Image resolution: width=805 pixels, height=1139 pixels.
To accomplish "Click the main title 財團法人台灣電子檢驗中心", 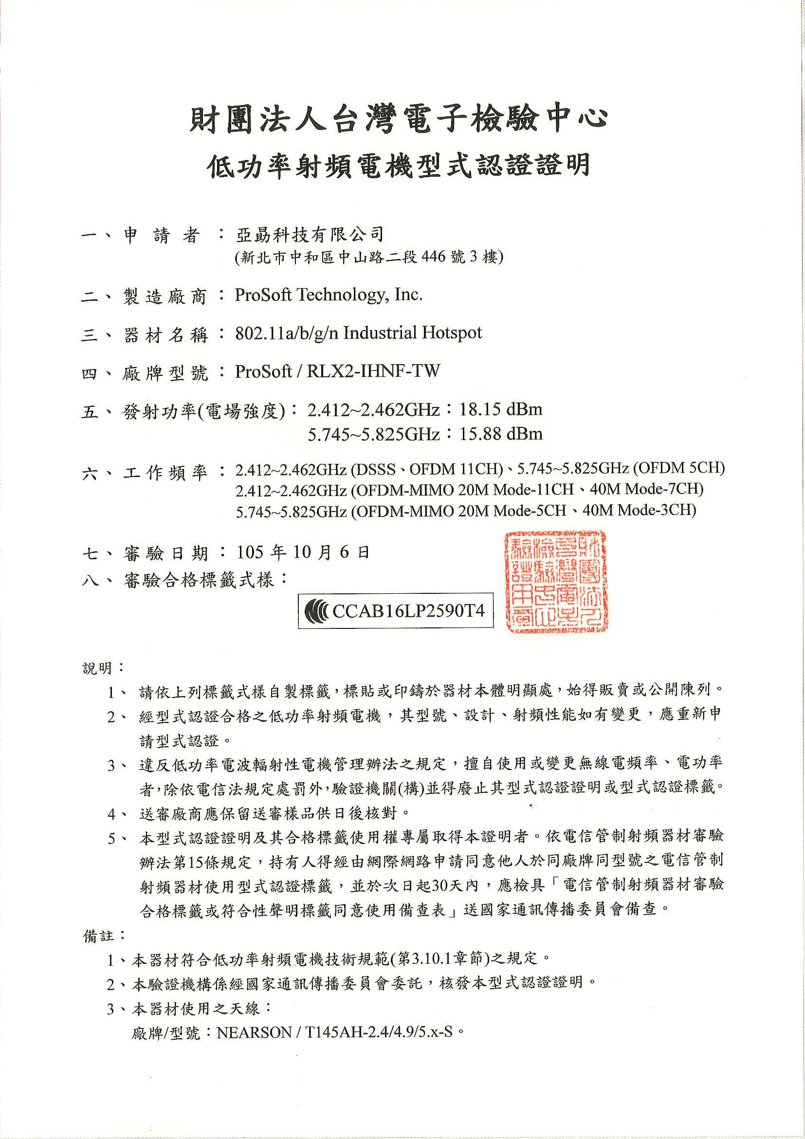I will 398,121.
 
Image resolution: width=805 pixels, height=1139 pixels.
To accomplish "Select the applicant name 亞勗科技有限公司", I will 309,234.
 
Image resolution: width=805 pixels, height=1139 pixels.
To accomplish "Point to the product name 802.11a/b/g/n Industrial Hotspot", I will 358,333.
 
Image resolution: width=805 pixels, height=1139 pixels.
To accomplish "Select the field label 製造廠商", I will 164,297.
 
